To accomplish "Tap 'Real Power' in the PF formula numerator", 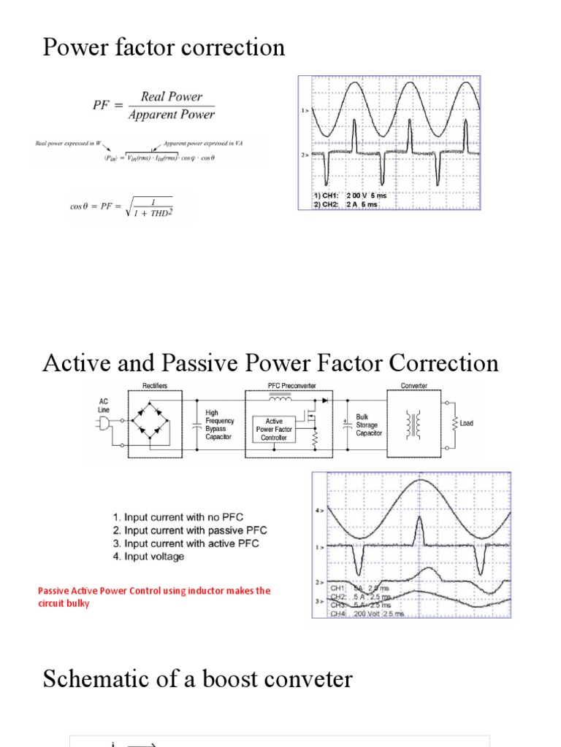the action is click(172, 97).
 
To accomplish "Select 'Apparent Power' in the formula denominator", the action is click(178, 115).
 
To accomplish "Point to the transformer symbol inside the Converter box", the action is click(417, 424).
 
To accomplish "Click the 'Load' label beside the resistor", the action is click(467, 423).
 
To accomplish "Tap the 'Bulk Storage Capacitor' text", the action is click(369, 425).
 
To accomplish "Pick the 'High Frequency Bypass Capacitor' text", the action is click(221, 425).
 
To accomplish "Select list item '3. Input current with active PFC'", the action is click(186, 543).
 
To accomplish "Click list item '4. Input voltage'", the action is click(148, 557).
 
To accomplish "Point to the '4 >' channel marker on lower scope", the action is click(319, 511).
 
